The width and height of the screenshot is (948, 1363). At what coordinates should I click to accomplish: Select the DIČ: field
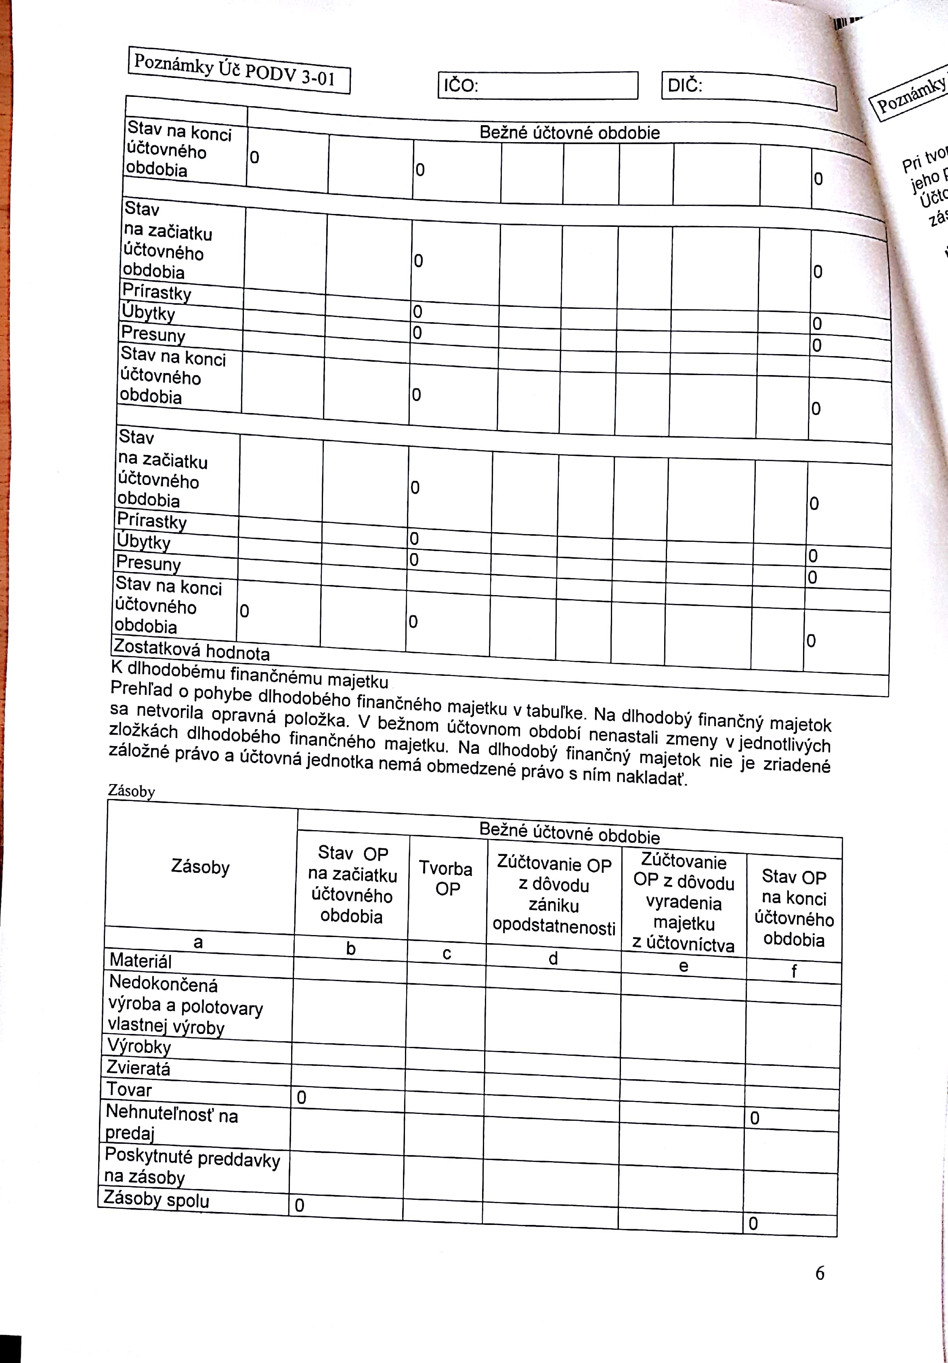(749, 89)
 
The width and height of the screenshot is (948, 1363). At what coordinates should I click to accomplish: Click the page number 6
(820, 1273)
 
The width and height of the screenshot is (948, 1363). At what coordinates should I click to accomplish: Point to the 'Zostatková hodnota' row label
(191, 649)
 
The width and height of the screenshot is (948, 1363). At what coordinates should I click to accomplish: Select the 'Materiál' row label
(141, 960)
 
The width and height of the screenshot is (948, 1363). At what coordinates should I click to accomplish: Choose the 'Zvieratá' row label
(138, 1068)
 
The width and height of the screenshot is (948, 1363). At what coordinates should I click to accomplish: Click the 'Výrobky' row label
(139, 1046)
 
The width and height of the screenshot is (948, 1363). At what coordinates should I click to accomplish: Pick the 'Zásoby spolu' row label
(156, 1199)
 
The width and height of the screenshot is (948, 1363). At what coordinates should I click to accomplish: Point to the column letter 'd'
(553, 958)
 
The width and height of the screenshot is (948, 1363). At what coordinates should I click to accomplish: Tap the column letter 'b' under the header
(351, 948)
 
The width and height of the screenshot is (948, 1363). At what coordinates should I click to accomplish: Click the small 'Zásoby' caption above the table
(131, 791)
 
